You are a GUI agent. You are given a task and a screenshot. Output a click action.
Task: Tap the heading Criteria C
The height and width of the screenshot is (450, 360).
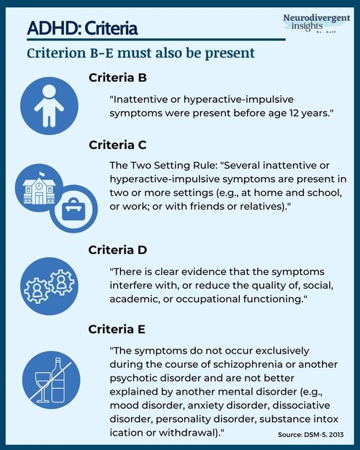click(x=119, y=145)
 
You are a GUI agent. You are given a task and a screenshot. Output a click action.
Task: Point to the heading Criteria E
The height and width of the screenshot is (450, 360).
click(x=117, y=329)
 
